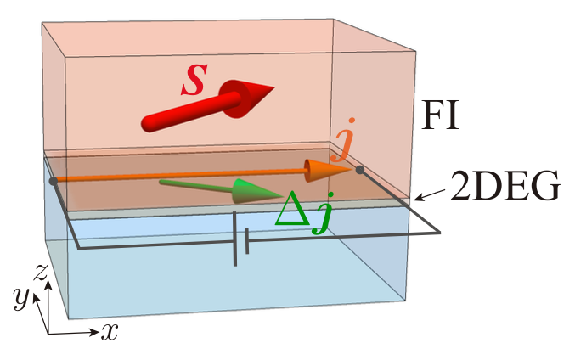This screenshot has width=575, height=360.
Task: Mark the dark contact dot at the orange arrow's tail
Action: click(54, 181)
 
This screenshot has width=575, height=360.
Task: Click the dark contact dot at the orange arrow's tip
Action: click(360, 171)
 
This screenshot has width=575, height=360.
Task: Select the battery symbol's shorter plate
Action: click(247, 241)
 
